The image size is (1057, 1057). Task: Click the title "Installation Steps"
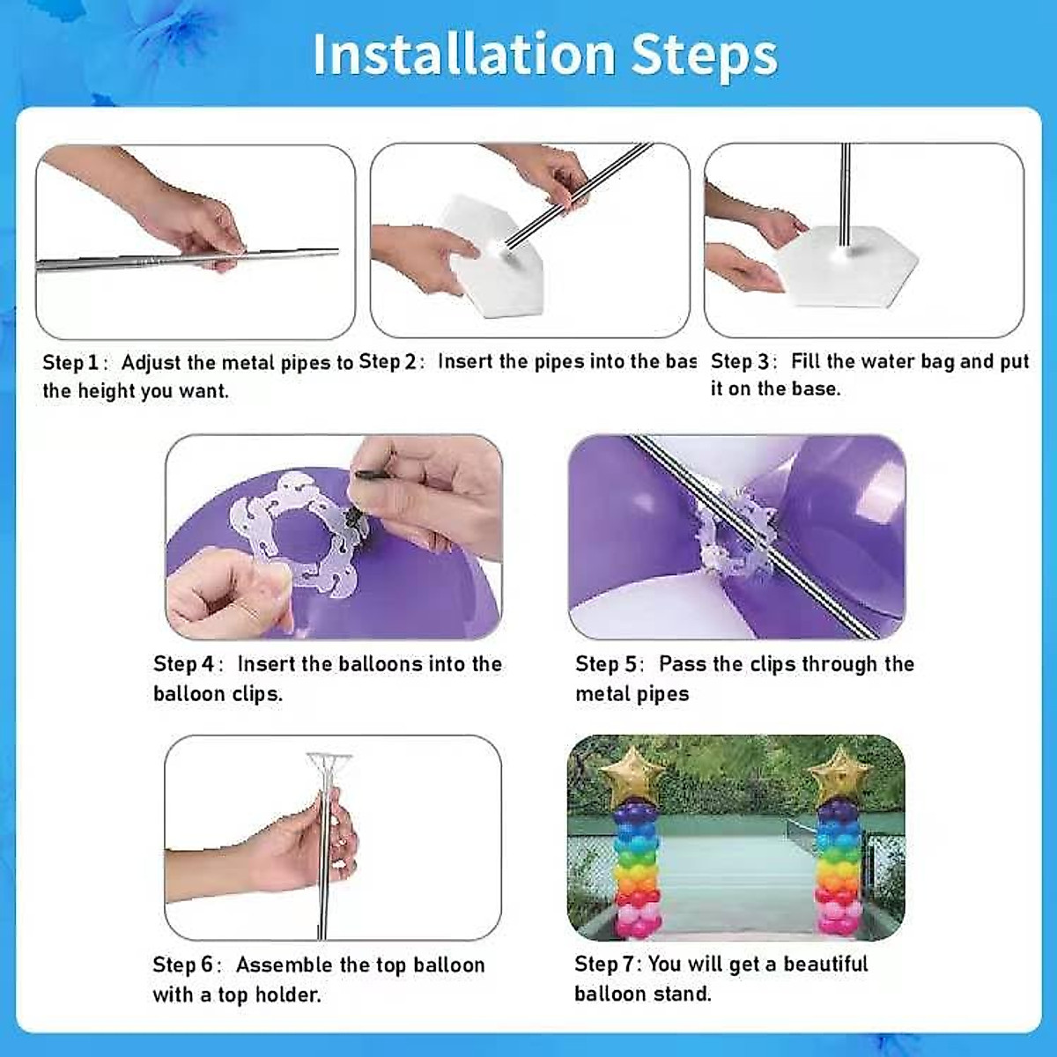point(545,55)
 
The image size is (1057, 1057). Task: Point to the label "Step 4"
point(183,664)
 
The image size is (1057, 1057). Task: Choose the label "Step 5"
point(605,664)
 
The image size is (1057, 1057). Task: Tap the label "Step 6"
point(183,965)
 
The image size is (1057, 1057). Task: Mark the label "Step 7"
point(605,965)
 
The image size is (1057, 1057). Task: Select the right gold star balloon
point(839,773)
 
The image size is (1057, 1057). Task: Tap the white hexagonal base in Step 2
point(493,255)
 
